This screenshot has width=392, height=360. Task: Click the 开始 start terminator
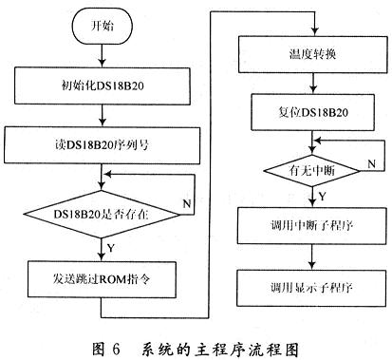pyautogui.click(x=102, y=26)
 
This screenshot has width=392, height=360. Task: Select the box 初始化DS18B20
pyautogui.click(x=103, y=85)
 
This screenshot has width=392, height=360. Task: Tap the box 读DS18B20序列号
pyautogui.click(x=102, y=145)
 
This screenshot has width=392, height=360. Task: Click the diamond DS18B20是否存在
pyautogui.click(x=102, y=215)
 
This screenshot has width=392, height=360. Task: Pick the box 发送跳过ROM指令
pyautogui.click(x=102, y=279)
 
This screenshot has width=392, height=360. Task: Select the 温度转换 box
pyautogui.click(x=313, y=55)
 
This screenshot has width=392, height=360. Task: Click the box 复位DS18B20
pyautogui.click(x=313, y=112)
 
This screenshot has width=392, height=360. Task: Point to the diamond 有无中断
pyautogui.click(x=312, y=171)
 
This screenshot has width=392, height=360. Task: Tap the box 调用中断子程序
pyautogui.click(x=312, y=225)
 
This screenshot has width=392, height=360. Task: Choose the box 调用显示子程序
pyautogui.click(x=312, y=288)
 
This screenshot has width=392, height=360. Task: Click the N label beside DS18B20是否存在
pyautogui.click(x=187, y=203)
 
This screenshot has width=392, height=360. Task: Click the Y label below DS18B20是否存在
pyautogui.click(x=111, y=248)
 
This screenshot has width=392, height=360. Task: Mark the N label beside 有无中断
pyautogui.click(x=371, y=163)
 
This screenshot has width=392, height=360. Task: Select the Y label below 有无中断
pyautogui.click(x=322, y=197)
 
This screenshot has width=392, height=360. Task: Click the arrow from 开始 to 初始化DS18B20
pyautogui.click(x=102, y=55)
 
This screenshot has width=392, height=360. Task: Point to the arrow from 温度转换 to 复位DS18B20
pyautogui.click(x=313, y=84)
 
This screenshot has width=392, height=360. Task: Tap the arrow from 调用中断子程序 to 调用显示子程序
pyautogui.click(x=312, y=256)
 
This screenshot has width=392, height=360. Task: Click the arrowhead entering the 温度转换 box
pyautogui.click(x=315, y=32)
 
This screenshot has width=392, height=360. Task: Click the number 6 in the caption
pyautogui.click(x=116, y=350)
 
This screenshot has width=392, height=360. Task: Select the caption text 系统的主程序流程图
pyautogui.click(x=219, y=350)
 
